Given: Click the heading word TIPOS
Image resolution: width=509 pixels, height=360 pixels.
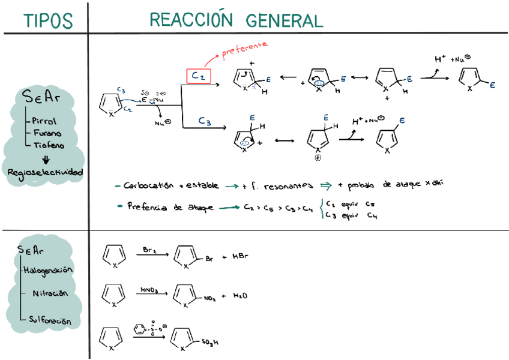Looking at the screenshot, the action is click(48, 20).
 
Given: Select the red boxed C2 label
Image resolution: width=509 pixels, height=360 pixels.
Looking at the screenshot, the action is click(197, 76).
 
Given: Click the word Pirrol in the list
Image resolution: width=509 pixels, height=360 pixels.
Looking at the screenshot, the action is click(44, 121).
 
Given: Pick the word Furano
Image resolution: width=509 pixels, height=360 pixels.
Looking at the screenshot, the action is click(47, 133).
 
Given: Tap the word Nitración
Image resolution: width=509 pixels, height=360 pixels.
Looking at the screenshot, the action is click(50, 294).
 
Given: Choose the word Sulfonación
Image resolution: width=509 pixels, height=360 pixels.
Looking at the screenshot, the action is click(50, 321).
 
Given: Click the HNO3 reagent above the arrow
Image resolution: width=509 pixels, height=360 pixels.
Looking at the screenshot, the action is click(149, 289).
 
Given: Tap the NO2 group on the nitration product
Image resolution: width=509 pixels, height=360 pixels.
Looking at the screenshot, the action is click(210, 297).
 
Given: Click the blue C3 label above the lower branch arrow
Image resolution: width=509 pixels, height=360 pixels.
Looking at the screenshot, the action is click(204, 122).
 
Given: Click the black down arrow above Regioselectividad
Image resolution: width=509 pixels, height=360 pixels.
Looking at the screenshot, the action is click(46, 160).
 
